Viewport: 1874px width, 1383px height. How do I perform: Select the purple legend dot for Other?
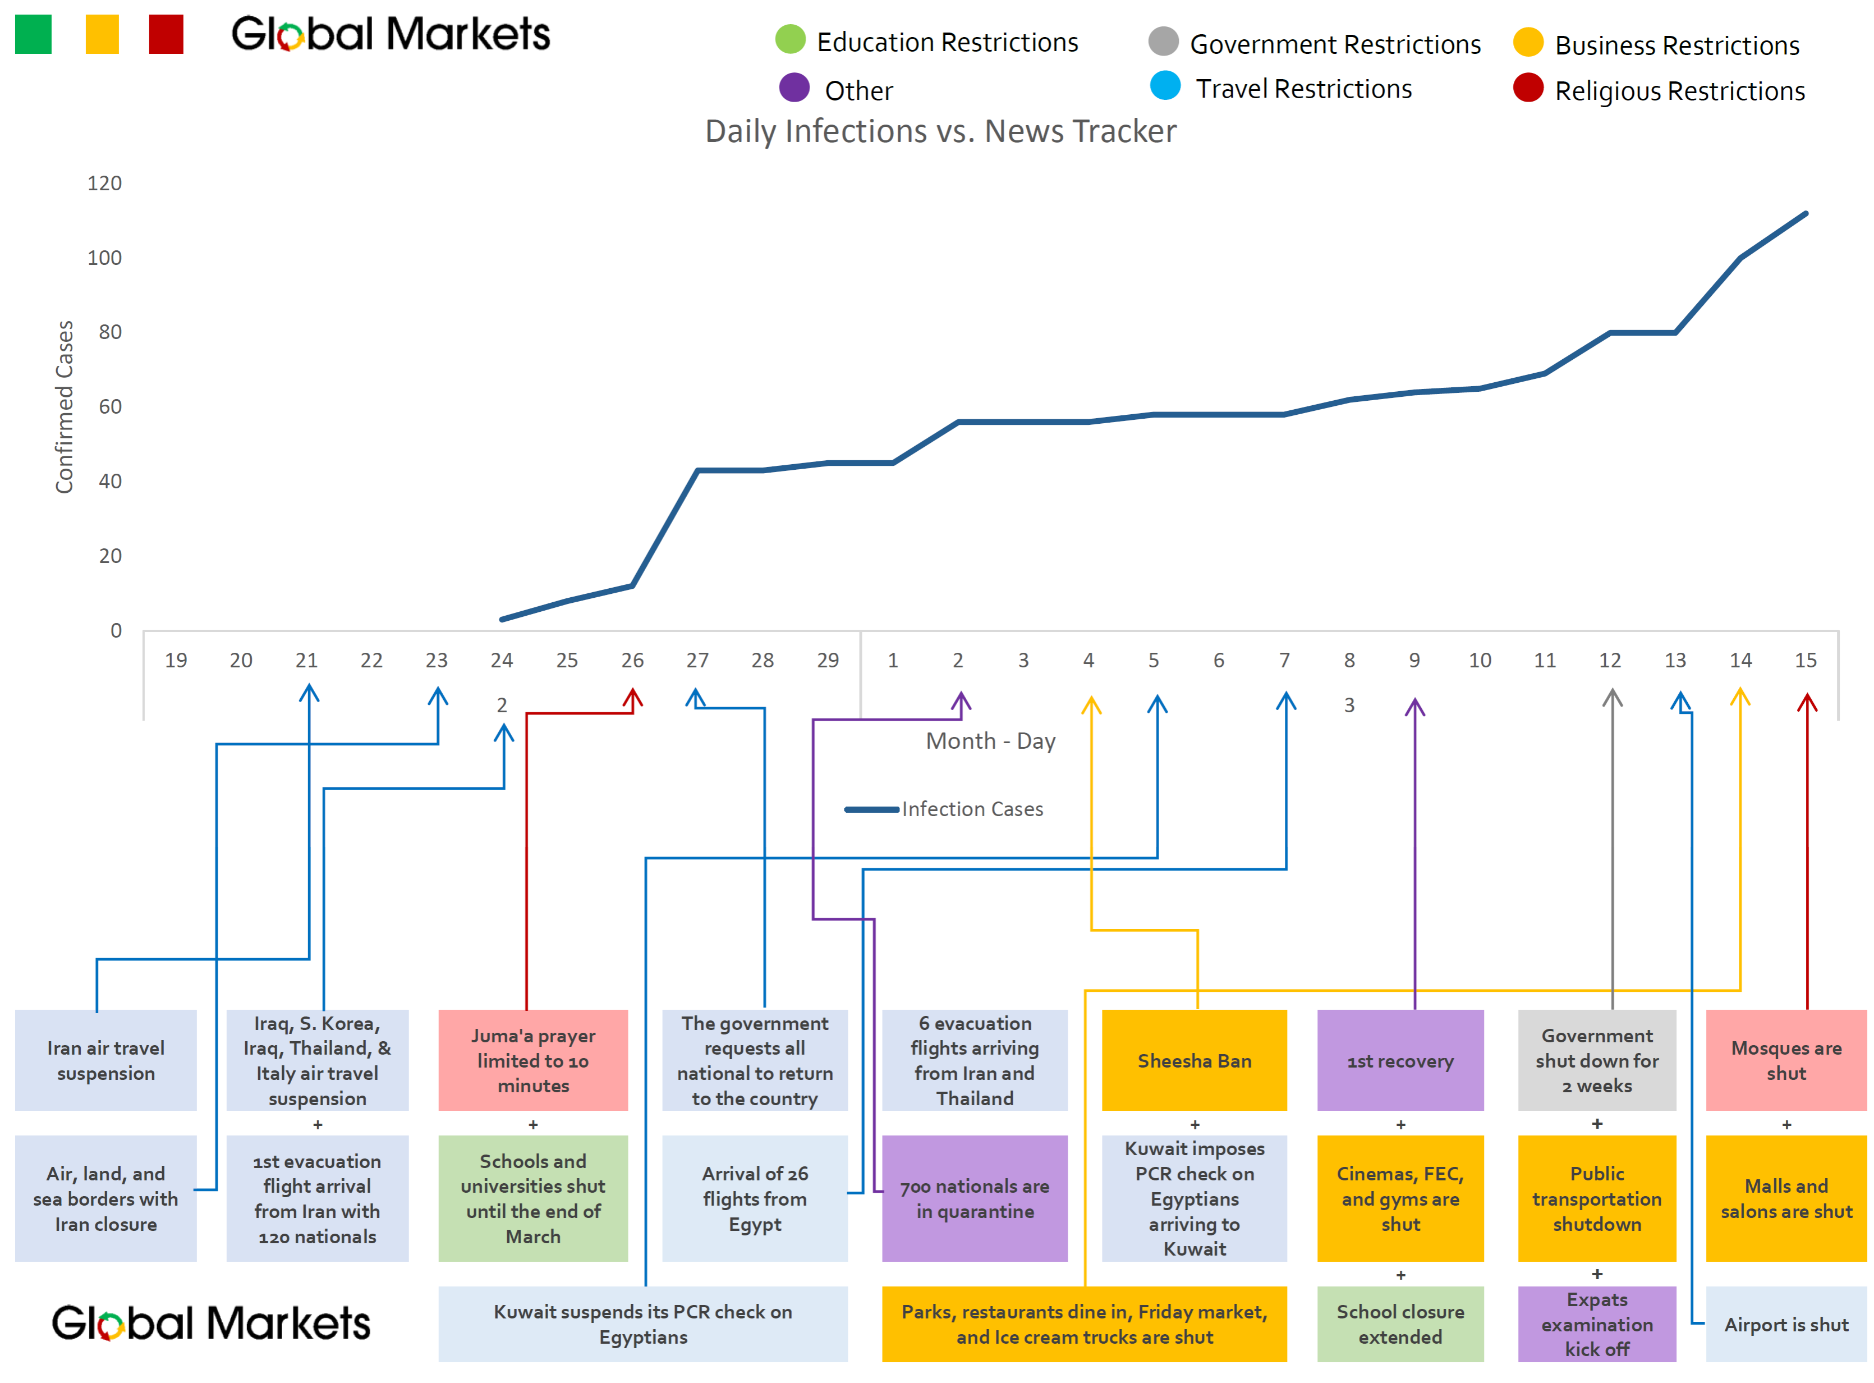point(793,87)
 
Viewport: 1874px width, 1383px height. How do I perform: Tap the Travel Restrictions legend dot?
point(1164,85)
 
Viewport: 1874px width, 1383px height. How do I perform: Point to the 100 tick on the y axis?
point(104,258)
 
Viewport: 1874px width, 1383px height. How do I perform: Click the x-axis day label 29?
point(827,661)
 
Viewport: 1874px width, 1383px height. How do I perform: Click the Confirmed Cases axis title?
point(65,407)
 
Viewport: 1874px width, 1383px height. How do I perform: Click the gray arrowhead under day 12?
point(1612,697)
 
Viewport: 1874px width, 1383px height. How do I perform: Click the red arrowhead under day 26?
point(633,697)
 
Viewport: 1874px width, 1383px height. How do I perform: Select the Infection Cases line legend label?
point(972,809)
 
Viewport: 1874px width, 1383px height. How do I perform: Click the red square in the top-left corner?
point(166,34)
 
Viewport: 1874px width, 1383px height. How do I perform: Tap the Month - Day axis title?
point(990,741)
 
